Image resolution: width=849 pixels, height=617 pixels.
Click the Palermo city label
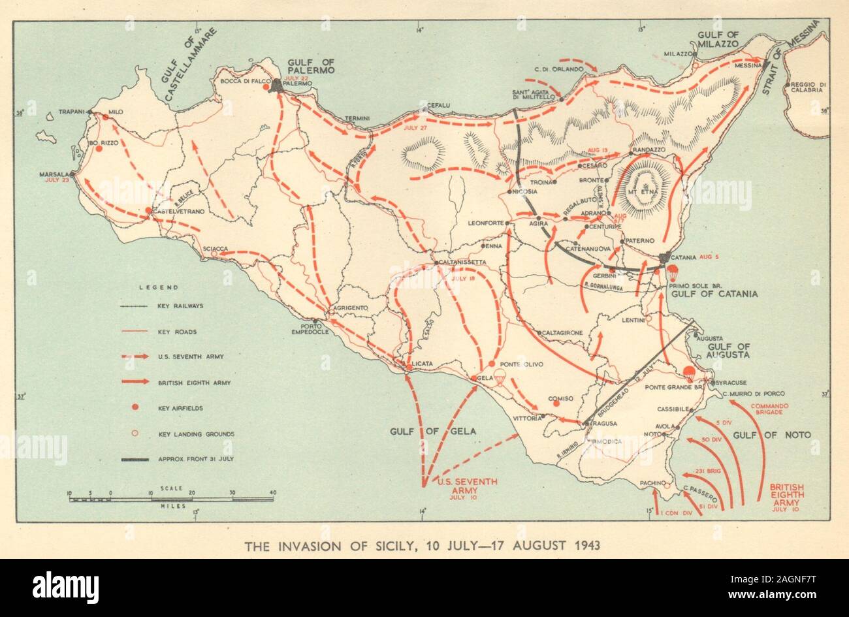coord(300,84)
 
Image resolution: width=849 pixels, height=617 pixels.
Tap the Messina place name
coord(748,65)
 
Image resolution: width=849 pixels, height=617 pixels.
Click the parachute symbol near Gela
coord(500,377)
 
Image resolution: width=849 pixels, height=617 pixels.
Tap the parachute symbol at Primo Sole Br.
coord(673,272)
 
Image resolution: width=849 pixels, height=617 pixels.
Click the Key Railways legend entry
coord(180,306)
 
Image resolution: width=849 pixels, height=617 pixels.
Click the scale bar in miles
coord(173,499)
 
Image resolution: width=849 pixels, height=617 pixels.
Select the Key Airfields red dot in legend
coord(135,408)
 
